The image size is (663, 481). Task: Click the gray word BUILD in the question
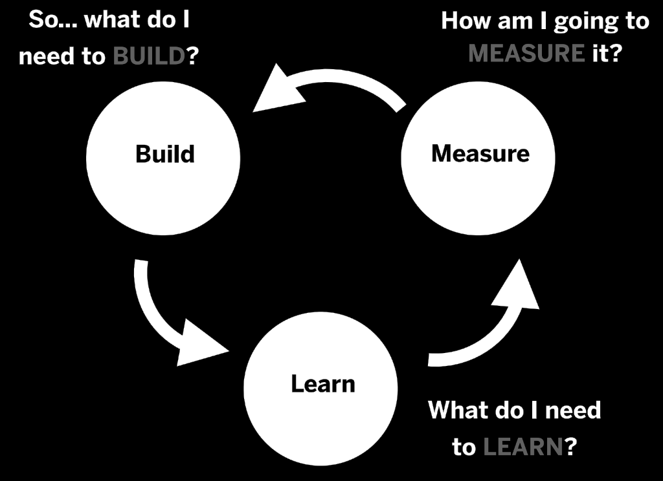[149, 56]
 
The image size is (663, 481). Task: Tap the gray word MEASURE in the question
[526, 53]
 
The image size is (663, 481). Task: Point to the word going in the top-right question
[577, 22]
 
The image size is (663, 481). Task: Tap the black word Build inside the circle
[164, 155]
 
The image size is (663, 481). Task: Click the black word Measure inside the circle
[480, 154]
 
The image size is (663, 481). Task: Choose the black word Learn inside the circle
[322, 384]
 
